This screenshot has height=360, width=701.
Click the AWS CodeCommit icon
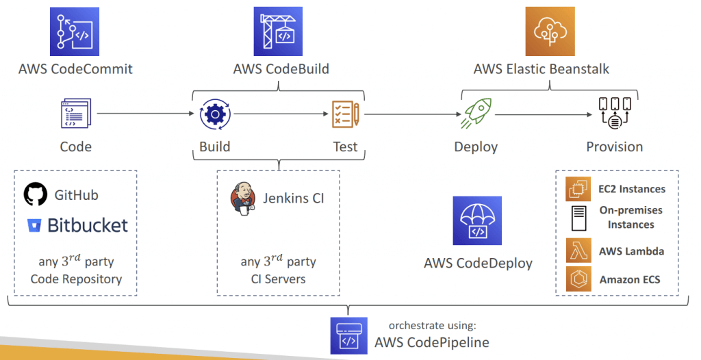coord(74,31)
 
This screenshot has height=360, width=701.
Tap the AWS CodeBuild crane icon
coord(278,31)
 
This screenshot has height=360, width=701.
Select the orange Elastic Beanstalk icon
coord(550,31)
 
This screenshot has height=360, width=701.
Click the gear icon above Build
coord(215,114)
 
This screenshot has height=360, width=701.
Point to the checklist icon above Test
coord(346,114)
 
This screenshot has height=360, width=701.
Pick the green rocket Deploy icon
coord(476,114)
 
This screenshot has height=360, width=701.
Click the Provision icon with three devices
coord(615,114)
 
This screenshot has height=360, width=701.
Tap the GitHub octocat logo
coord(36,194)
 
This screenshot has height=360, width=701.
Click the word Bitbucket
coord(88,225)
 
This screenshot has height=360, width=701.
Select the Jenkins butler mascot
coord(243,198)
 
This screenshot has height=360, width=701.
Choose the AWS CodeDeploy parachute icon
coord(477,220)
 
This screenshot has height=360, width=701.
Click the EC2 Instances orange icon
coord(578,189)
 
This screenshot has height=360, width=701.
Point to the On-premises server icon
coord(579,218)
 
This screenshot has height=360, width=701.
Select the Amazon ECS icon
coord(578,279)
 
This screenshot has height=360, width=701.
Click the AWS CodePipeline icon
coord(348,336)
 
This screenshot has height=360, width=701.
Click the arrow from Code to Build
coord(145,114)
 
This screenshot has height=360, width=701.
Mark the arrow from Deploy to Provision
coord(544,114)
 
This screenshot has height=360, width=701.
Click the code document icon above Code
coord(76,113)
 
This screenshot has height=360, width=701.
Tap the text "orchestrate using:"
coord(433,326)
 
